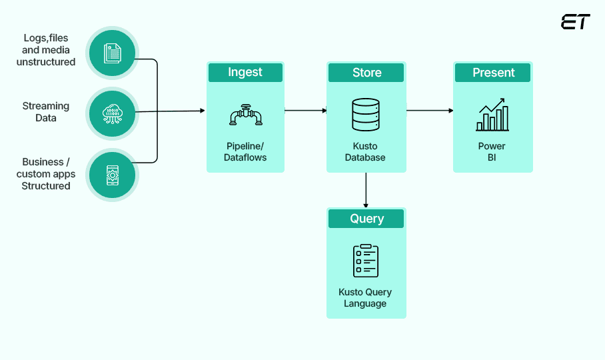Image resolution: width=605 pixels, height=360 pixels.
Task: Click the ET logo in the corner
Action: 575,22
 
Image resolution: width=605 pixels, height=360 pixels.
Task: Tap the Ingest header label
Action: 245,73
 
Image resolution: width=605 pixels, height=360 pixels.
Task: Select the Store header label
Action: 366,73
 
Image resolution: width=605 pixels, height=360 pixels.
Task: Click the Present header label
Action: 493,73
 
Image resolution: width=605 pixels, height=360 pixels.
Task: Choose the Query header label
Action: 366,219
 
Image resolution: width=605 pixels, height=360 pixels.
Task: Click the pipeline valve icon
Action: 245,115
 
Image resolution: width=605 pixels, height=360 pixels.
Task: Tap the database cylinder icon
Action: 365,115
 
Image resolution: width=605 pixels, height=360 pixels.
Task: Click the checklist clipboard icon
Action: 365,261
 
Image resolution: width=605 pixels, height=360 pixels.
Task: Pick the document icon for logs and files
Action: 112,53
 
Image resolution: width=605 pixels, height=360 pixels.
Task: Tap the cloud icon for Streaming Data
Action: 112,113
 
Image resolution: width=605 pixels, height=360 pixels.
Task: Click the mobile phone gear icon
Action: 112,175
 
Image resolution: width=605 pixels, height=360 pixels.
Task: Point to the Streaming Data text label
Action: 45,112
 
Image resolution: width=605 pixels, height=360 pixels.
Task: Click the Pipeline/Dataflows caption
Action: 245,152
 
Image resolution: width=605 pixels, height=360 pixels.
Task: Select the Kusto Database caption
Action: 365,152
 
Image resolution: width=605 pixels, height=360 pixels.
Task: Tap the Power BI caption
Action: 492,152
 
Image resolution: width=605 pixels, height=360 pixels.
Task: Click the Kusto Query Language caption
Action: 365,298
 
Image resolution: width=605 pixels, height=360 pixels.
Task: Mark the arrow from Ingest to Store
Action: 305,110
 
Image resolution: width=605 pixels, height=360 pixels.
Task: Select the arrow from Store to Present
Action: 430,110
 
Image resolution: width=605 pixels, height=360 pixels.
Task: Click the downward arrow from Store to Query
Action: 366,190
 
